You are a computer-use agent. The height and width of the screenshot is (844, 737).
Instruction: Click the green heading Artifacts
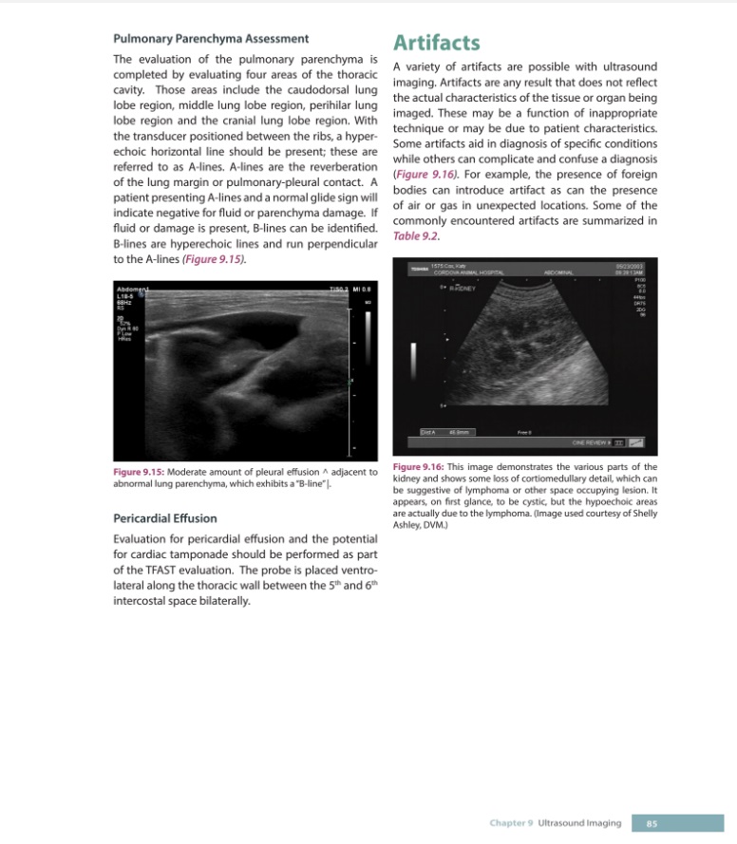tap(436, 43)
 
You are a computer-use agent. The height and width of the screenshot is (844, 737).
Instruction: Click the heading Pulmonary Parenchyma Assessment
tap(210, 39)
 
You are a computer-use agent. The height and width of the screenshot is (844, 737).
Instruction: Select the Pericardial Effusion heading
tap(165, 518)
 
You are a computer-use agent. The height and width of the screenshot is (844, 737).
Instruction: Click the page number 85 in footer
tap(652, 823)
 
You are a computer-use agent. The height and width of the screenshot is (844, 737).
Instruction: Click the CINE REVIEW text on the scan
tap(590, 441)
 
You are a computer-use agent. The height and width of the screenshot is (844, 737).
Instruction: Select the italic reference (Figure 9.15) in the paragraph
tap(216, 258)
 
